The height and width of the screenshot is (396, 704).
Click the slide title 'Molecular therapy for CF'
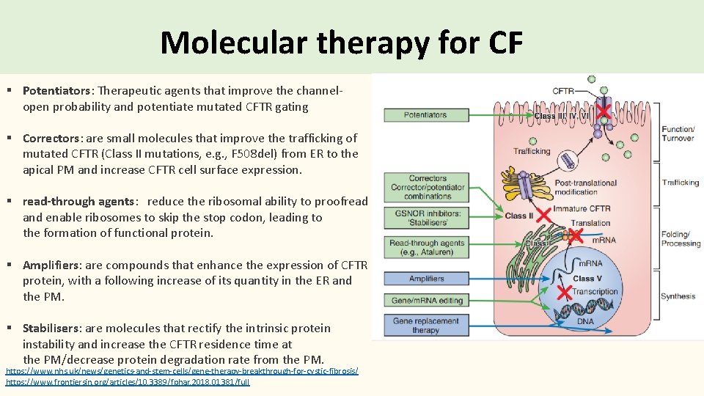pos(341,43)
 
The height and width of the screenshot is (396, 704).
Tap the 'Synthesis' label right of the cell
pos(677,296)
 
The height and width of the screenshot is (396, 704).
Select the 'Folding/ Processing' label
pos(680,239)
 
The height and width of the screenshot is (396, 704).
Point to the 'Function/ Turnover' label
pos(677,133)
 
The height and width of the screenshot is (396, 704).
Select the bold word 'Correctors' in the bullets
pos(51,138)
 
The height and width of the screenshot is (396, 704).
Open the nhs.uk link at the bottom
pos(182,372)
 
